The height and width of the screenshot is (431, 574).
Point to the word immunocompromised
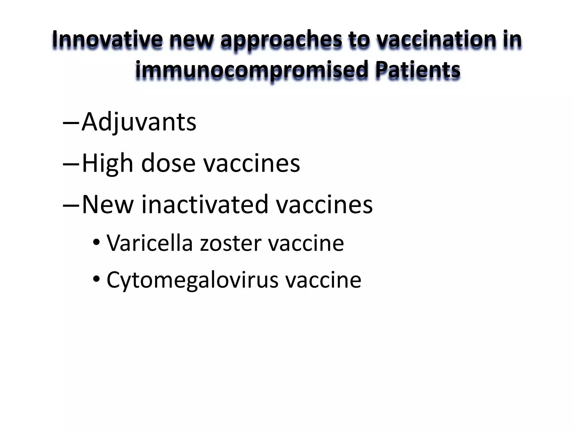[x=251, y=70]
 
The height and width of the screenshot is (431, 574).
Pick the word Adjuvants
[x=139, y=122]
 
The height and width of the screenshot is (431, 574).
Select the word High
[x=107, y=164]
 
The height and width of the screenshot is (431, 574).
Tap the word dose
[x=168, y=164]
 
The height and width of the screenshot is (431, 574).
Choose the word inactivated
[x=205, y=205]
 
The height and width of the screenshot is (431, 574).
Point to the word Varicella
[x=150, y=243]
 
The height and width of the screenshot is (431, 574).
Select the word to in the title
[x=358, y=39]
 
